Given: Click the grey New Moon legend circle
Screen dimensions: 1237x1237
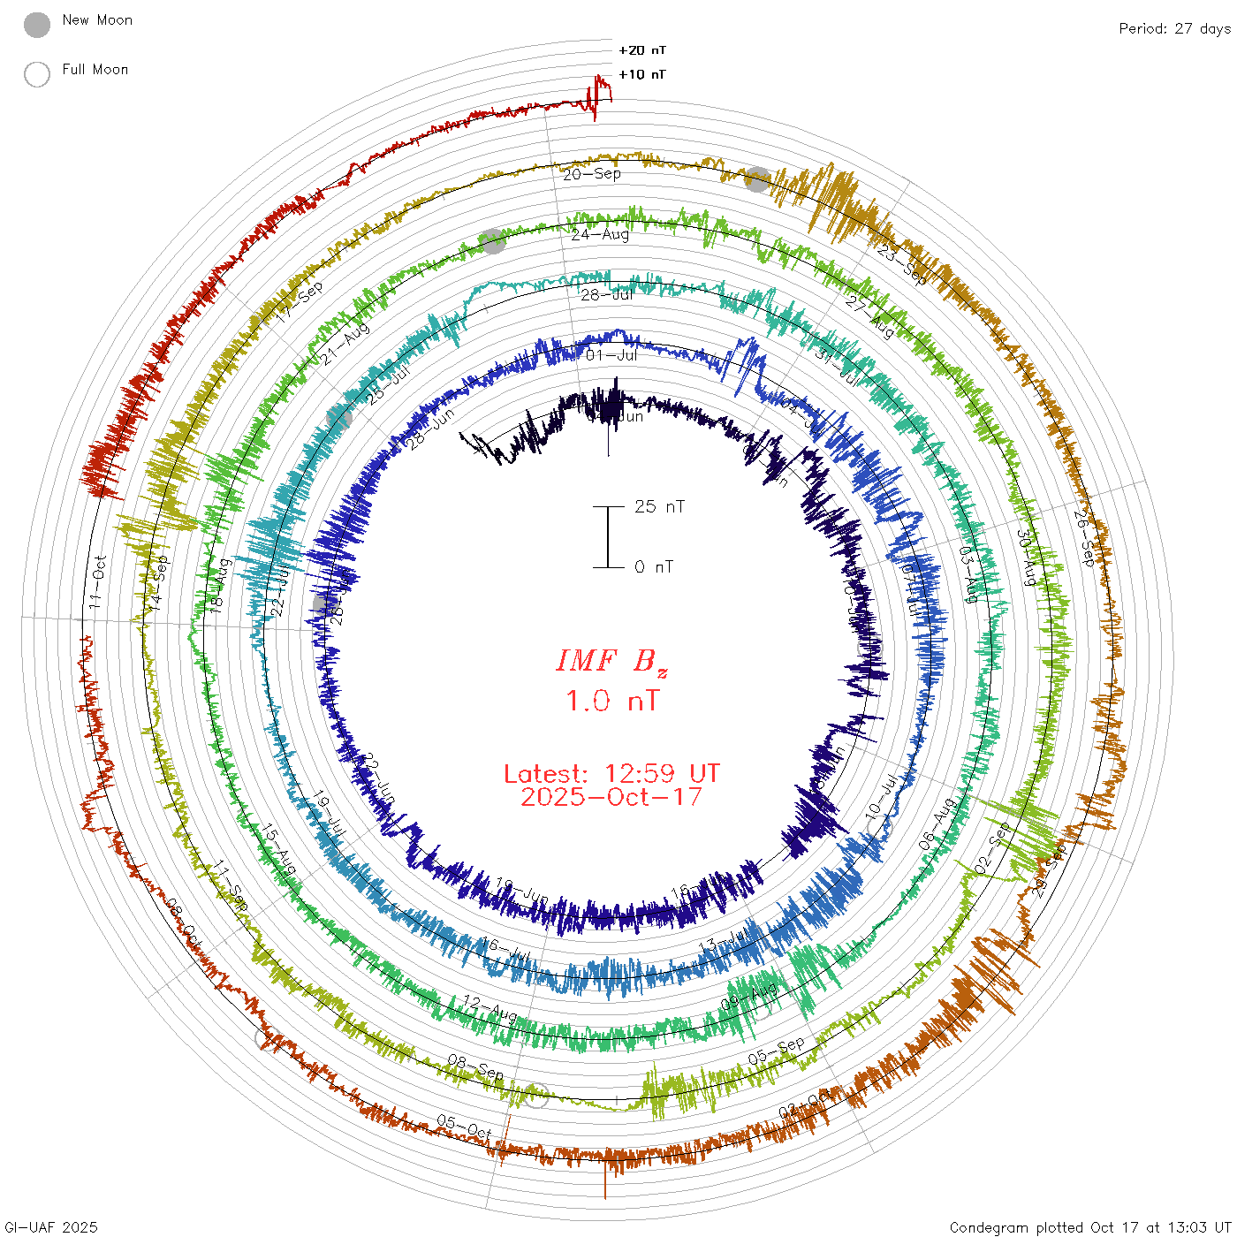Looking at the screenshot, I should coord(37,25).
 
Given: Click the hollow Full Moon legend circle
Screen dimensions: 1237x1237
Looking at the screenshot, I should coord(37,74).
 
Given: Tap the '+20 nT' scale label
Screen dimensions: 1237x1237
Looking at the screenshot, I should coord(642,50).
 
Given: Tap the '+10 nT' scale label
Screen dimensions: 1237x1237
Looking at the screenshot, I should coord(642,74).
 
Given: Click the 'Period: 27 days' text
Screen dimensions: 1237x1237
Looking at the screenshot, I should coord(1174,28).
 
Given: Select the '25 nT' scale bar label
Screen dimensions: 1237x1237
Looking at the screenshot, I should coord(659,506).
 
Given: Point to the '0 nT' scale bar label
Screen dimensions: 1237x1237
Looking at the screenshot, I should coord(654,566).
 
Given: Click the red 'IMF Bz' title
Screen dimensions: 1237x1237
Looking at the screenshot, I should coord(611,661).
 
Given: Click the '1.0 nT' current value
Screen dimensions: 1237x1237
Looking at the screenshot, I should coord(611,701).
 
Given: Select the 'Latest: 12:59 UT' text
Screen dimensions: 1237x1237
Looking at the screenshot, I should coord(611,774).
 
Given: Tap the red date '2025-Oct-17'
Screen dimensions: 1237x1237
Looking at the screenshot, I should coord(611,797).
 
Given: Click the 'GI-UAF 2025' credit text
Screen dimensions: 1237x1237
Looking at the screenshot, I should coord(50,1227).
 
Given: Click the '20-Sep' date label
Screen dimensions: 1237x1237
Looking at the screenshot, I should coord(592,174).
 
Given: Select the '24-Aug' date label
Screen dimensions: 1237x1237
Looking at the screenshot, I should coord(600,235).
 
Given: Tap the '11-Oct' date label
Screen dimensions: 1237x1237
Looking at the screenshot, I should coord(97,581).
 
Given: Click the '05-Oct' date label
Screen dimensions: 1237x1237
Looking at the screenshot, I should coord(464,1127).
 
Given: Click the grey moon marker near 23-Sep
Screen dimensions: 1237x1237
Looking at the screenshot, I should coord(757,178).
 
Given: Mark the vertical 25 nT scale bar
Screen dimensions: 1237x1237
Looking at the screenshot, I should coord(608,536).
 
